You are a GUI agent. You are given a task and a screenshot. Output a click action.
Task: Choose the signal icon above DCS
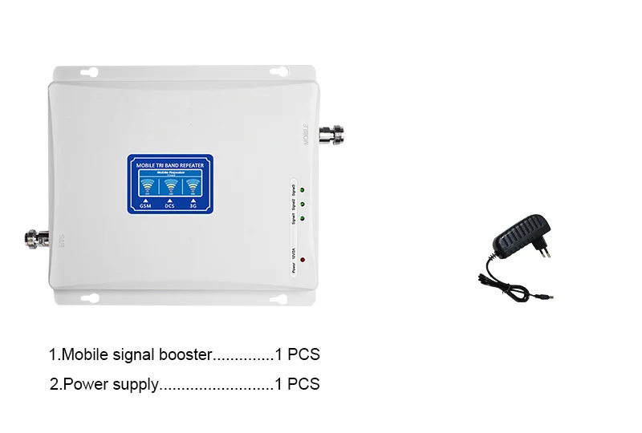click(169, 187)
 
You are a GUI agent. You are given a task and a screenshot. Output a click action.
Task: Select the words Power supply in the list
click(109, 384)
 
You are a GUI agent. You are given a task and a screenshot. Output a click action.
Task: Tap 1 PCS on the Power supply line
click(297, 384)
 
